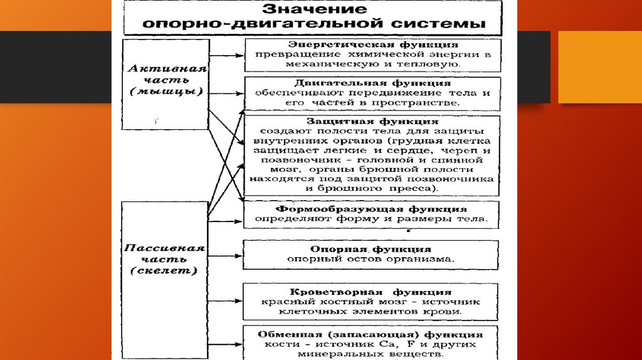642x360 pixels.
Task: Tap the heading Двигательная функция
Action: (372, 83)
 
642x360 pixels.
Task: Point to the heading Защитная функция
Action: (372, 120)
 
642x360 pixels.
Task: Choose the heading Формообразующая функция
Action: (372, 208)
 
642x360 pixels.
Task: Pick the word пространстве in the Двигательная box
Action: (429, 102)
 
